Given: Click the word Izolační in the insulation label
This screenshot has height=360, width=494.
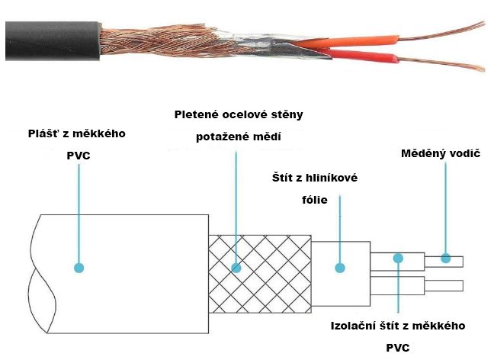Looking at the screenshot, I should [353, 326].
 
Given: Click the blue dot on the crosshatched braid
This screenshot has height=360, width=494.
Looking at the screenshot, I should [236, 268].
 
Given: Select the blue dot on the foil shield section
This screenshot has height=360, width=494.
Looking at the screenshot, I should [340, 268].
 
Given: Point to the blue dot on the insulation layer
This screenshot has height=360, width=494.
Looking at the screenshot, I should [398, 259].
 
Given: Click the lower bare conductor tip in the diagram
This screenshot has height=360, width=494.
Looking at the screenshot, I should [444, 287].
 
